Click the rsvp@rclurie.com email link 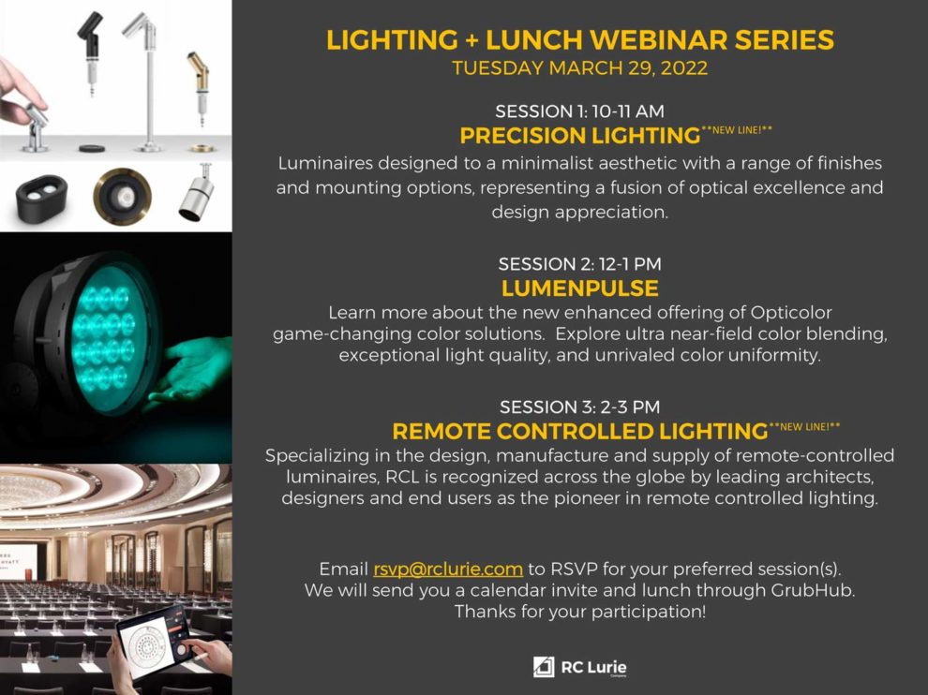[448, 569]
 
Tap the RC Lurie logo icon [544, 667]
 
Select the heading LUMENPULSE [580, 288]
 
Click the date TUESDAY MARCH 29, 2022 [580, 68]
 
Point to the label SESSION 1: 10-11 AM [580, 111]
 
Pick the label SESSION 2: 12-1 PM [580, 264]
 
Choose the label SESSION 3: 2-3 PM [580, 407]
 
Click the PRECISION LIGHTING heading [580, 136]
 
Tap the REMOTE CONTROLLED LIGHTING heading [580, 431]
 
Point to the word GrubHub [813, 590]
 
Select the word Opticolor [791, 313]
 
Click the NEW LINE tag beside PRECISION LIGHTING [737, 130]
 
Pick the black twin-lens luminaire [40, 199]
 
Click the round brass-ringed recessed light [122, 197]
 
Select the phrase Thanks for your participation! [580, 612]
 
